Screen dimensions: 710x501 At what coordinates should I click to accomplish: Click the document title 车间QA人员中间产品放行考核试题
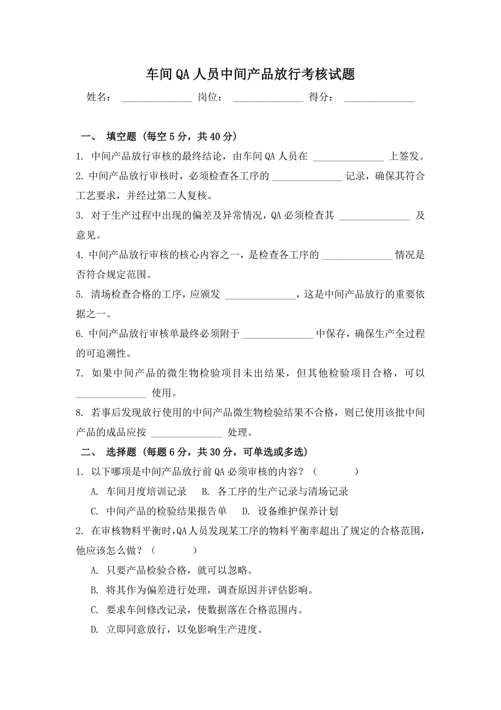[x=250, y=75]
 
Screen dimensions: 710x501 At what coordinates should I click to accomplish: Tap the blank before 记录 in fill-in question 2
[x=307, y=177]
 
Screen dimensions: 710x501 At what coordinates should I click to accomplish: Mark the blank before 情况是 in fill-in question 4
[x=357, y=255]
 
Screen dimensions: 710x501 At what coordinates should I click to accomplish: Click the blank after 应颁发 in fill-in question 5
[x=260, y=295]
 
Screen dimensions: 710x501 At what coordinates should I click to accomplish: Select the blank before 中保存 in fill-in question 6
[x=278, y=334]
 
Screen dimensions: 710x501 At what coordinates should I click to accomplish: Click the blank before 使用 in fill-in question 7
[x=111, y=393]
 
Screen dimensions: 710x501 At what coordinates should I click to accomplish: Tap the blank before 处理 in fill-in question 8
[x=186, y=433]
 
